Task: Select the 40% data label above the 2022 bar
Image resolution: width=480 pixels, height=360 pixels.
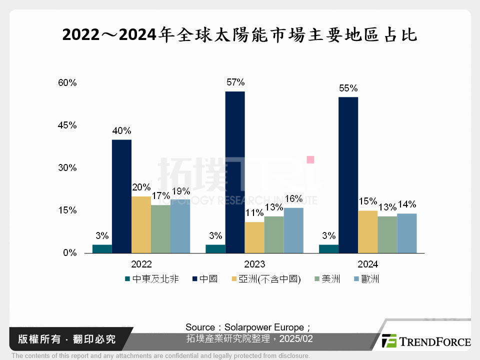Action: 121,131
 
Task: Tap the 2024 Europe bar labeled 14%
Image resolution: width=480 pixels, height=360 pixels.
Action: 406,233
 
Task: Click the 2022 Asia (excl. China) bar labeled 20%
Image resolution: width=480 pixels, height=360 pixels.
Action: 141,224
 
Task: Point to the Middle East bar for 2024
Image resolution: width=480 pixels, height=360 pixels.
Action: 328,248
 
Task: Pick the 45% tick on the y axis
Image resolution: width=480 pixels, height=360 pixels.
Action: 66,125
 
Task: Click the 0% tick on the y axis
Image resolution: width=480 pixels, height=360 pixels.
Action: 69,253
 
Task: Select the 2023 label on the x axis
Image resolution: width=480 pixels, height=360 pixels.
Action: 255,264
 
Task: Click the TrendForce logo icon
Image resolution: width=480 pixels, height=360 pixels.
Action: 389,341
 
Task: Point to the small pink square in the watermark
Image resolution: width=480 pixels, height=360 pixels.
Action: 310,159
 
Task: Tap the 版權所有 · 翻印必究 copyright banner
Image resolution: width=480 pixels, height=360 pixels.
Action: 66,339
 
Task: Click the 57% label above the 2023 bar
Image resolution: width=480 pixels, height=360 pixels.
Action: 235,82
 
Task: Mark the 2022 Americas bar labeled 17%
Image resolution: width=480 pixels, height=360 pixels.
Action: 160,228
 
